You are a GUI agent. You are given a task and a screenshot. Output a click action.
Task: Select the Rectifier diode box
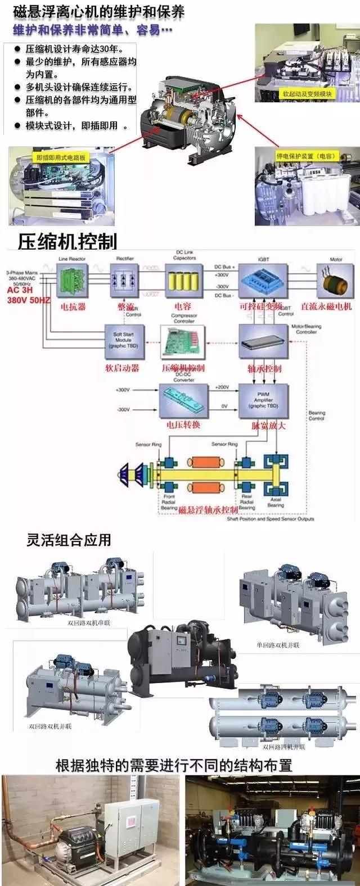coord(125,282)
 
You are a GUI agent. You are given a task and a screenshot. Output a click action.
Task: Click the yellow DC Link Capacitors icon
coord(184,282)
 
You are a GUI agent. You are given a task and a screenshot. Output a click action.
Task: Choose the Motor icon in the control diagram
coord(336,281)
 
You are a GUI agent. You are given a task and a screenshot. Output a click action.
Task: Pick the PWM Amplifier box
coord(263,400)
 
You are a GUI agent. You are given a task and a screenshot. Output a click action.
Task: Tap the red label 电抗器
coord(73,307)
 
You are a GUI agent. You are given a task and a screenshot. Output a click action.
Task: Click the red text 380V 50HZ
coord(28,300)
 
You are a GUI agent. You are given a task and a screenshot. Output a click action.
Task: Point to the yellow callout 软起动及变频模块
coord(308,94)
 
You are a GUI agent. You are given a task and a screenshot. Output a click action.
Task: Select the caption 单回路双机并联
coord(278,645)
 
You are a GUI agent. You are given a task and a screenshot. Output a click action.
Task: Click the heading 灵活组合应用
coord(69,540)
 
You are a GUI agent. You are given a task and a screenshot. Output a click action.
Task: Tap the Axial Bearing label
coord(275,503)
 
